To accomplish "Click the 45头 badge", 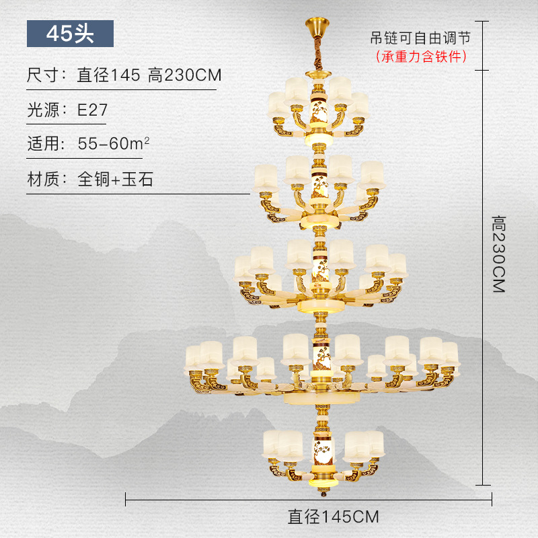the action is click(x=70, y=33).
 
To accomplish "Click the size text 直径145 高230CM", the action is click(x=149, y=75).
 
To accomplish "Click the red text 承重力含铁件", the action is click(x=421, y=56).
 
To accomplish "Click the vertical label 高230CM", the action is click(x=498, y=253).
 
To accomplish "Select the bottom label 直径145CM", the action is click(x=333, y=516).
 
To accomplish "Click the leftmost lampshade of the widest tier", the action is click(x=195, y=356).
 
